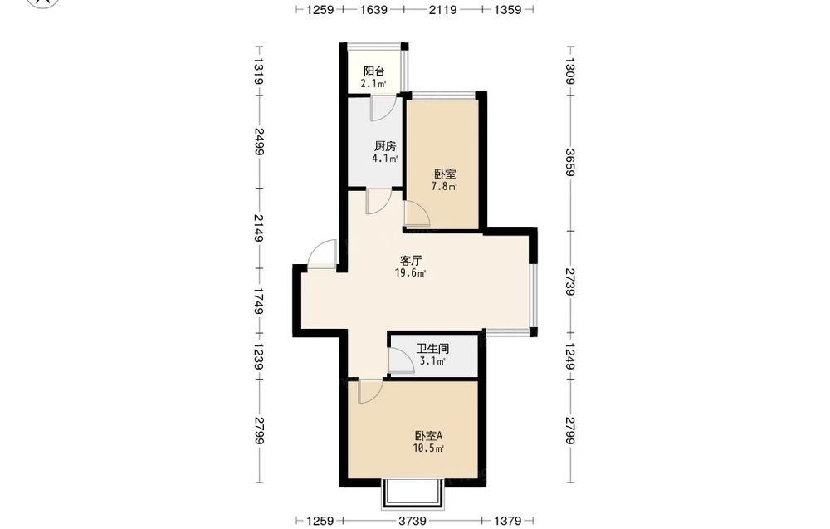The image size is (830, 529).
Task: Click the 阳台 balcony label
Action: pos(373,71)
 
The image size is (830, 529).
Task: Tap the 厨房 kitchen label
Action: pos(385,146)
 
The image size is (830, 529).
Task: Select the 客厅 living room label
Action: pos(411,261)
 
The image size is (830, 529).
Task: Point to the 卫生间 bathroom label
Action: pos(432,349)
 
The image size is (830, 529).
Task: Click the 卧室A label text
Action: pos(428,436)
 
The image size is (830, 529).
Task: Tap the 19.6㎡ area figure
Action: pos(411,273)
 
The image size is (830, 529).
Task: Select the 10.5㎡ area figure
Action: pos(428,448)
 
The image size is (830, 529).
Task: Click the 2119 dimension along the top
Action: pos(443,9)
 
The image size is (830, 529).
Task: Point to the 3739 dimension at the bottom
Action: pos(413,521)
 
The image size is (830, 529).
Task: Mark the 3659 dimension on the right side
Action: pos(569,163)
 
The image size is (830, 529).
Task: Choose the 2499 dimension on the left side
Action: pos(259,141)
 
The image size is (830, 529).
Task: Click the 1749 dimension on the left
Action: pos(259,301)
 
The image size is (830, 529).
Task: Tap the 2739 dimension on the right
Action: pos(569,282)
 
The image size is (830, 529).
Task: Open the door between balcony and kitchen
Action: pos(382,107)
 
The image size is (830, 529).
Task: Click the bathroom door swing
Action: pos(401,361)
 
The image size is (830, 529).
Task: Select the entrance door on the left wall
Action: pos(322,255)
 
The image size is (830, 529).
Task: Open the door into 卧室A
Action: pos(370,391)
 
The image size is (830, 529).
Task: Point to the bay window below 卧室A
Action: pos(412,495)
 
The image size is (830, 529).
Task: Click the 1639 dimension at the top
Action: pos(373,9)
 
